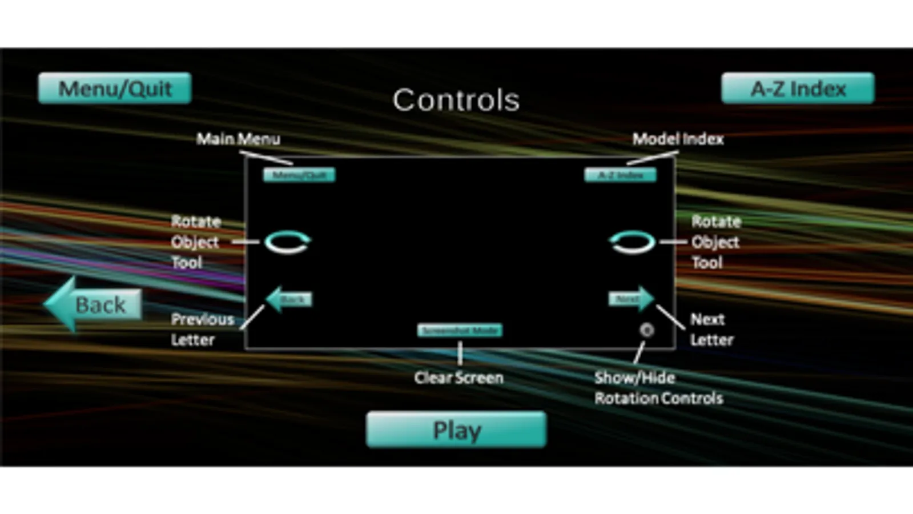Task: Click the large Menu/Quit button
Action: (115, 89)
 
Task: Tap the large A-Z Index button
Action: (798, 89)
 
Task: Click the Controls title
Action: (456, 100)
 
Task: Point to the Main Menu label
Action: (238, 139)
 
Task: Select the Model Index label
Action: (678, 139)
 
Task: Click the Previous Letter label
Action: (202, 330)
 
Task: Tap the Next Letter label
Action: (711, 330)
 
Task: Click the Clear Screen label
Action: (459, 378)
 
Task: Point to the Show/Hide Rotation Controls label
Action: (658, 388)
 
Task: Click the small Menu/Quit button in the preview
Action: (299, 175)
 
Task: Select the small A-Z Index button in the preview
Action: (620, 175)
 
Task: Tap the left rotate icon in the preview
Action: (287, 242)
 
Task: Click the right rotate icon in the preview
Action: (632, 242)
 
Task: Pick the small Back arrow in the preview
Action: (289, 299)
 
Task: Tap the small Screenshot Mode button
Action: (460, 330)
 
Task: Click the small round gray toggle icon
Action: (646, 330)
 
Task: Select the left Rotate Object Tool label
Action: (195, 242)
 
